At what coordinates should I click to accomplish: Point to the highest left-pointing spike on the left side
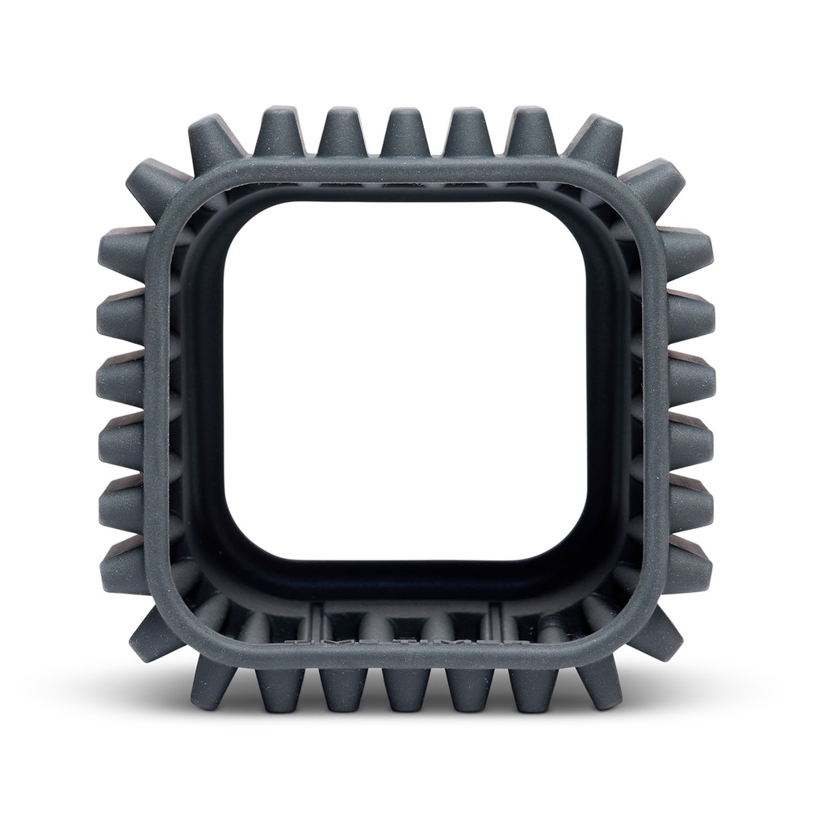[129, 251]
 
